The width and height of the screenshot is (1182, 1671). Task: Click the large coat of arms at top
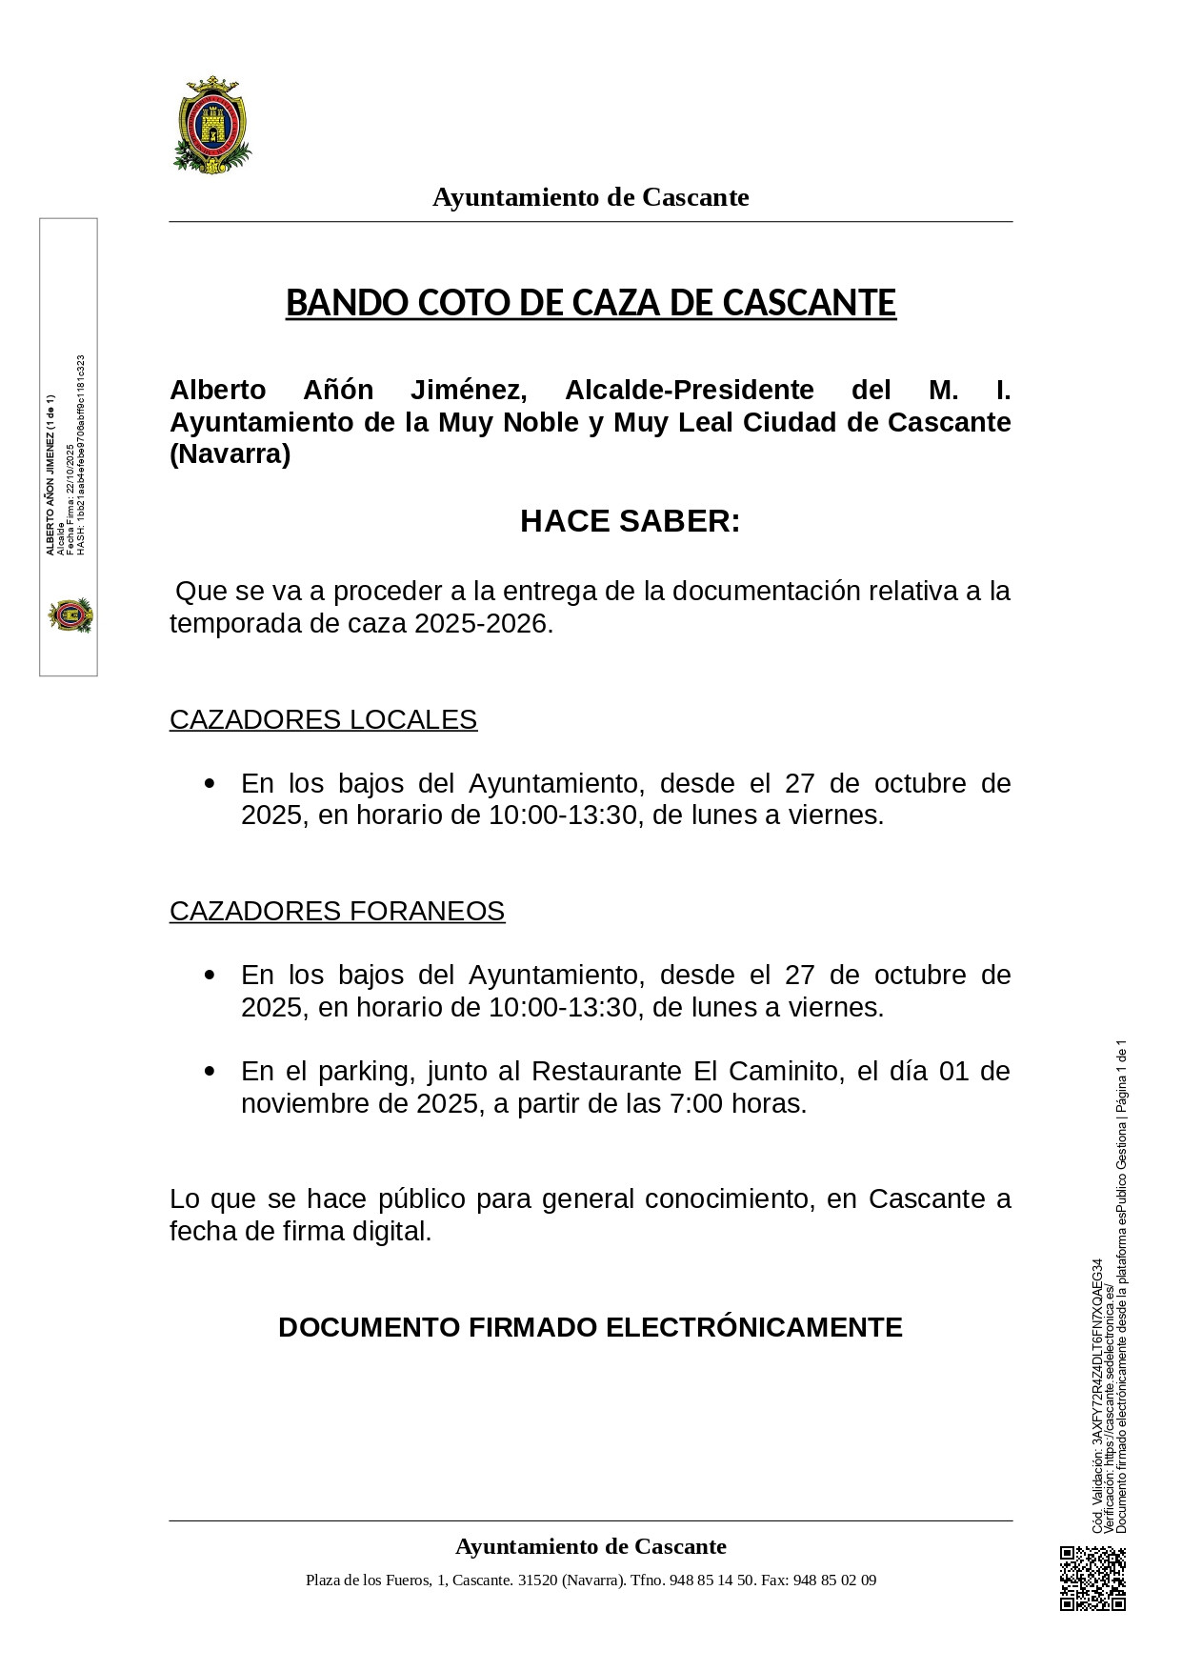[x=212, y=125]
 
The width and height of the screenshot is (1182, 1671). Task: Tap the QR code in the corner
[x=1092, y=1579]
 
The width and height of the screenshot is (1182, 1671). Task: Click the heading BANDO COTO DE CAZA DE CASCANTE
[x=591, y=303]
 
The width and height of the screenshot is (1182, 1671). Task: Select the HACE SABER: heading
[x=630, y=521]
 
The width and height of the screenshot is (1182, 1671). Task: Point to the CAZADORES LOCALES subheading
[x=323, y=719]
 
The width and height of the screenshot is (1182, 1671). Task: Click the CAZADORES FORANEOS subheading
[x=337, y=911]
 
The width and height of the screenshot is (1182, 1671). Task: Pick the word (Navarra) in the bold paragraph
[x=230, y=454]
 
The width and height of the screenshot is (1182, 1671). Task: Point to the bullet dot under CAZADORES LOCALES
[x=210, y=783]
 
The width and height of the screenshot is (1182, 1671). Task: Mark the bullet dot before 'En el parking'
[x=210, y=1071]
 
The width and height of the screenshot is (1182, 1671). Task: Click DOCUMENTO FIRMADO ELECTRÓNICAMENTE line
[x=591, y=1327]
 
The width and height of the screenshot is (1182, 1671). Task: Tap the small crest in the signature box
[x=70, y=615]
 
